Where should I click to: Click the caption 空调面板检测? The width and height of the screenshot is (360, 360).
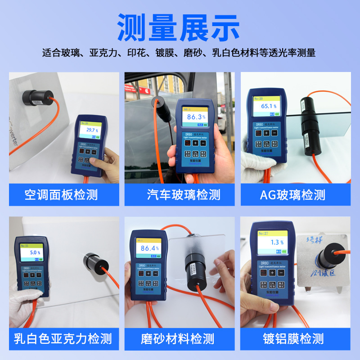[61, 195]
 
